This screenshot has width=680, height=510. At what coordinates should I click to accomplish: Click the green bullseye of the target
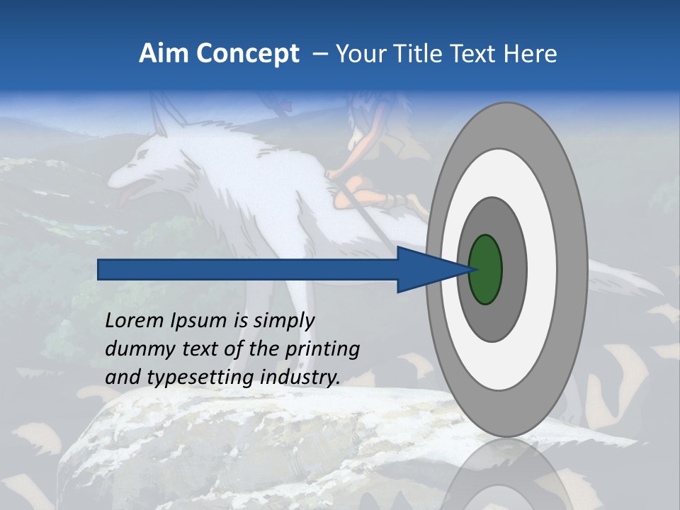(x=485, y=270)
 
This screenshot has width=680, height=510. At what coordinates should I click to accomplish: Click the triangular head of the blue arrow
(x=425, y=270)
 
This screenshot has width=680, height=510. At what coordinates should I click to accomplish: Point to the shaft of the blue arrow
(x=248, y=270)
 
